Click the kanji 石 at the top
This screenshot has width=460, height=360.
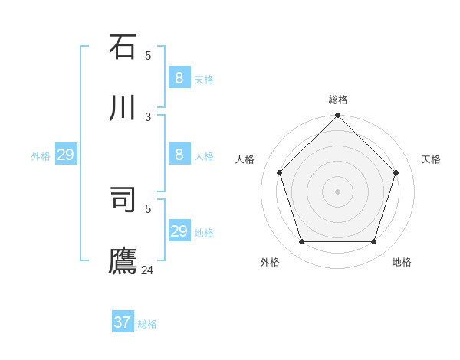point(123,47)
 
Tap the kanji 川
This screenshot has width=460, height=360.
point(123,109)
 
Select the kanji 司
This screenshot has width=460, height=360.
point(123,201)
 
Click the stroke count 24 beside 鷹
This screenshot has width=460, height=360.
point(148,270)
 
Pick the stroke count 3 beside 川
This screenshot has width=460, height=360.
point(148,116)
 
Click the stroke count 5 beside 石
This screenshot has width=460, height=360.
point(148,55)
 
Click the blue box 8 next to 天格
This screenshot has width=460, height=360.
point(179,77)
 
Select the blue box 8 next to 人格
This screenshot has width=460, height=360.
point(179,154)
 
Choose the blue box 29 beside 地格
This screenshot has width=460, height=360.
point(179,231)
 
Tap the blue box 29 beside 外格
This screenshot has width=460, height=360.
point(65,155)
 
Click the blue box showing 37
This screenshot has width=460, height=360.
point(122,322)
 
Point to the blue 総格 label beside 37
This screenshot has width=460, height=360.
point(147,324)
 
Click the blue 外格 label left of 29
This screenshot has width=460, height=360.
point(41,156)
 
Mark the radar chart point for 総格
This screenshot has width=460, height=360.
point(337,116)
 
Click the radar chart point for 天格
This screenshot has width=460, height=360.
point(396,172)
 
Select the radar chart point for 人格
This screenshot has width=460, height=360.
point(279,172)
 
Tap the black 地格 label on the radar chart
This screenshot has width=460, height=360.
point(402,262)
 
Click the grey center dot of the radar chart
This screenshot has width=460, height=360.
point(337,191)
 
